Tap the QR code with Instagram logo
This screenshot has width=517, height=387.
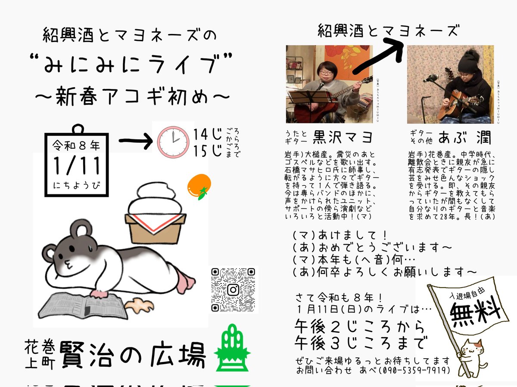pos(233,290)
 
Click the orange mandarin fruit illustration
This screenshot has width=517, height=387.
pos(198,186)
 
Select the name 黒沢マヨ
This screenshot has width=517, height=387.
pos(343,138)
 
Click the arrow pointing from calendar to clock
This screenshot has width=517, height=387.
pos(135,141)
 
